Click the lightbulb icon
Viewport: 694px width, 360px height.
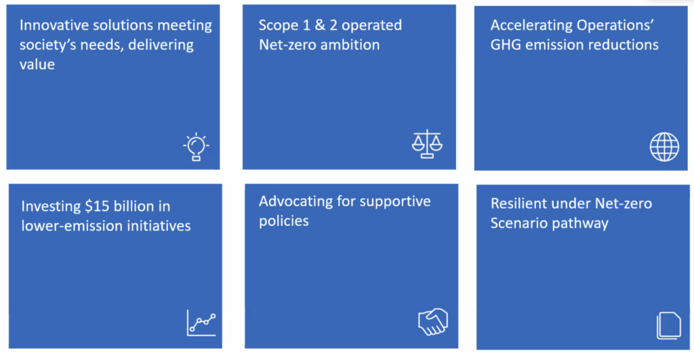click(x=196, y=146)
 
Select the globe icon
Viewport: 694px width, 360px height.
click(x=664, y=146)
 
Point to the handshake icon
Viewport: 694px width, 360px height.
click(x=433, y=321)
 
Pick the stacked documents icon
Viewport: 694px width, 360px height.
click(x=669, y=325)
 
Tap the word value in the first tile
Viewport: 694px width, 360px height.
click(x=37, y=64)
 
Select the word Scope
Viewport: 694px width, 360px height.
click(x=278, y=26)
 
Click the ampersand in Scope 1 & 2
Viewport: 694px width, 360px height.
click(x=320, y=25)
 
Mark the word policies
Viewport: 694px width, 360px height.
click(x=284, y=221)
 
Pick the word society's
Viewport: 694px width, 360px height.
click(x=48, y=45)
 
